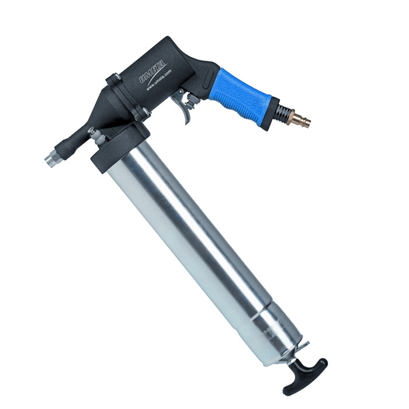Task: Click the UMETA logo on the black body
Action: pyautogui.click(x=154, y=71)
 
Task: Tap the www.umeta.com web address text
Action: pyautogui.click(x=159, y=80)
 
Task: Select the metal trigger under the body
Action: pyautogui.click(x=186, y=109)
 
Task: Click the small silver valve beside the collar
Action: pyautogui.click(x=95, y=136)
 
